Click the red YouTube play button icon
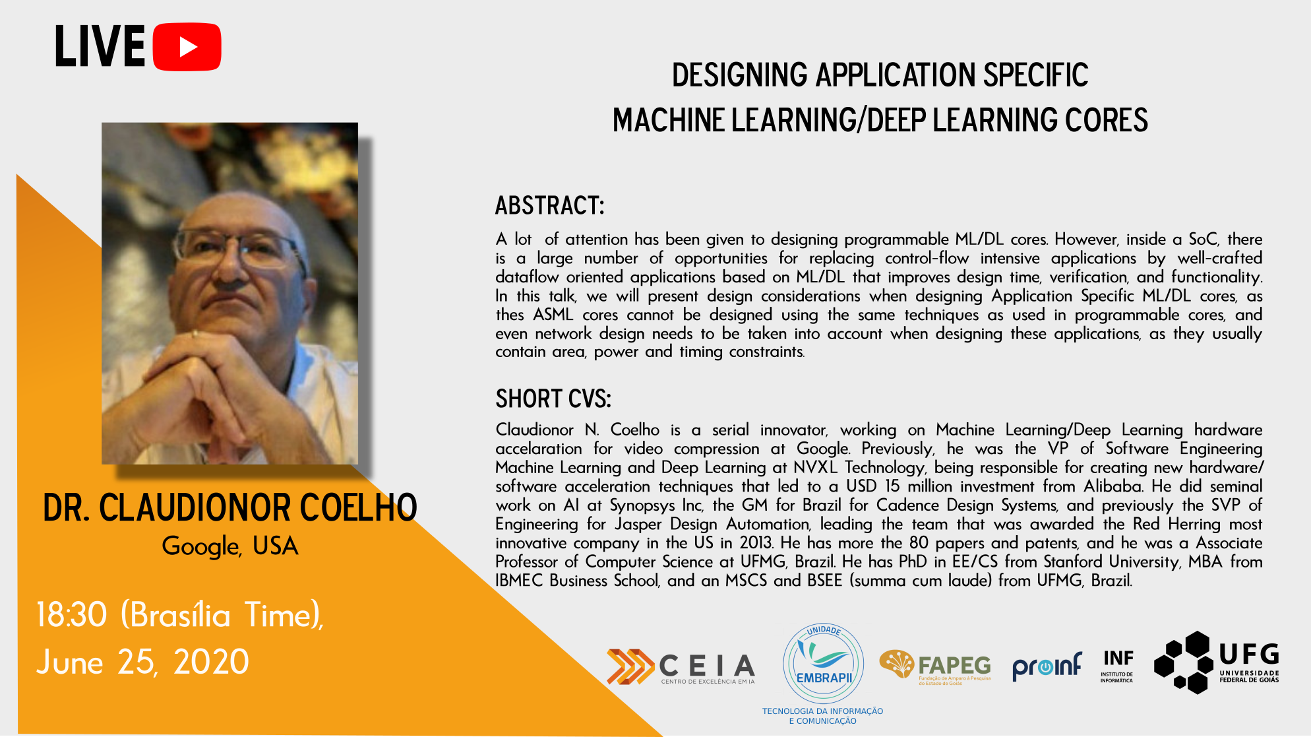pyautogui.click(x=187, y=47)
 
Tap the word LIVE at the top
pyautogui.click(x=100, y=47)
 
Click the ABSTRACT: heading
pyautogui.click(x=549, y=205)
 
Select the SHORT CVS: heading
pyautogui.click(x=553, y=399)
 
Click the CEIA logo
pyautogui.click(x=681, y=667)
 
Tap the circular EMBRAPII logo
pyautogui.click(x=823, y=664)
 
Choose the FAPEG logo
pyautogui.click(x=935, y=667)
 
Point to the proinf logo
pyautogui.click(x=1047, y=666)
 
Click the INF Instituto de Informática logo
pyautogui.click(x=1117, y=666)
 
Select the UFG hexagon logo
pyautogui.click(x=1217, y=662)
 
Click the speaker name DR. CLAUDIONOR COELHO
pyautogui.click(x=230, y=507)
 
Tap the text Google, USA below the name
pyautogui.click(x=230, y=546)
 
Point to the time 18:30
pyautogui.click(x=71, y=615)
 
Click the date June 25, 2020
pyautogui.click(x=142, y=662)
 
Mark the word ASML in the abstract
pyautogui.click(x=553, y=315)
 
